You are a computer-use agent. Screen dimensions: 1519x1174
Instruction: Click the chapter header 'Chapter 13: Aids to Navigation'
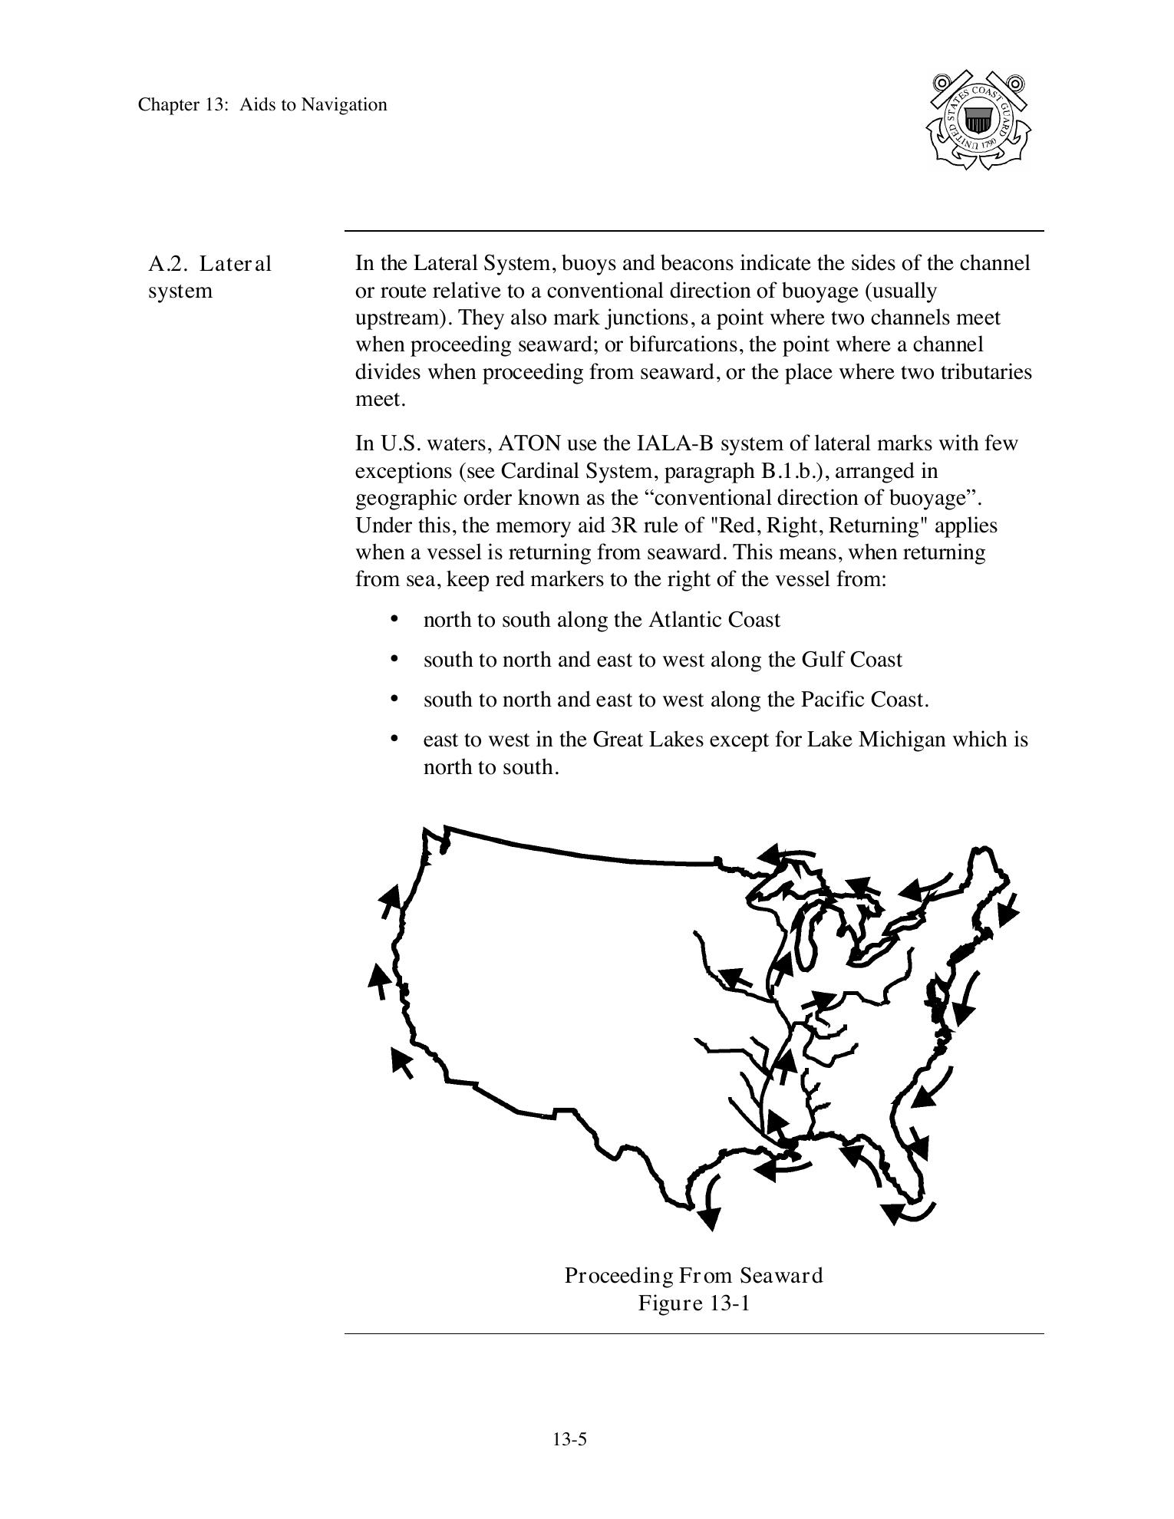point(262,104)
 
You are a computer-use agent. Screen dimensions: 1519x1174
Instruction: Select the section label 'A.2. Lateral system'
point(209,277)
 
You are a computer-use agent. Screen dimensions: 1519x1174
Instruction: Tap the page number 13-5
point(569,1439)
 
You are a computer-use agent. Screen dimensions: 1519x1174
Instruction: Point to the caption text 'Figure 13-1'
point(694,1303)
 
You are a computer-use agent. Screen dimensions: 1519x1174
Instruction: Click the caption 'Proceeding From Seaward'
point(694,1276)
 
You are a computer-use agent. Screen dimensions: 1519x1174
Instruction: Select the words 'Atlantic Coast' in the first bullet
point(714,620)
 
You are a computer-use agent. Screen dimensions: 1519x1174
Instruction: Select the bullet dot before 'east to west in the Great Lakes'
point(394,739)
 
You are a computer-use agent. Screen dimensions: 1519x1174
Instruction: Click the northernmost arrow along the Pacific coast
point(390,901)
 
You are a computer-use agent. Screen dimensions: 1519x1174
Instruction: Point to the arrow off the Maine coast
point(1009,908)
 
